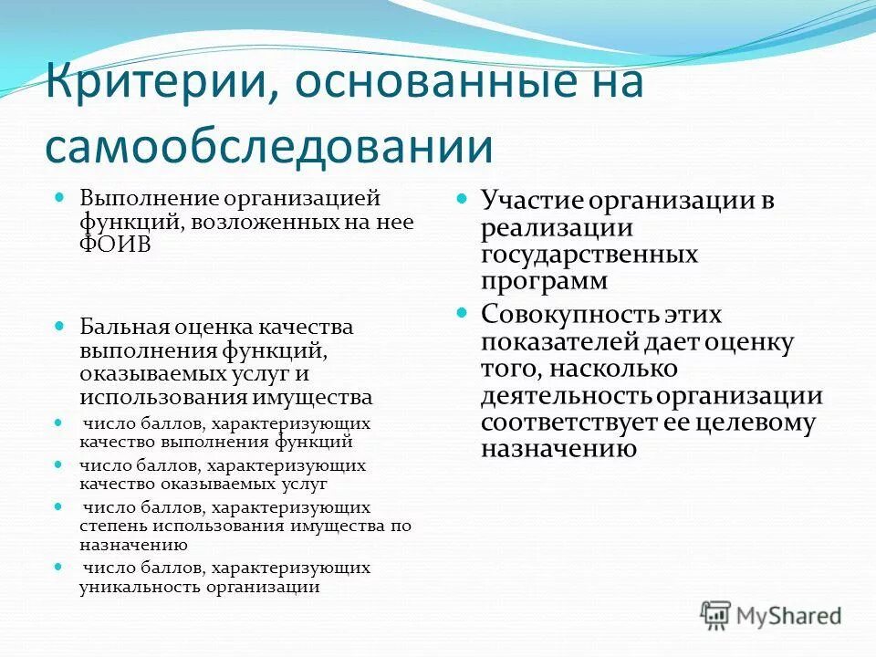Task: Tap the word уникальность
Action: [140, 588]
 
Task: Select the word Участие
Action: [530, 200]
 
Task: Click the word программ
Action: [544, 281]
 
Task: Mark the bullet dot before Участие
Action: [462, 198]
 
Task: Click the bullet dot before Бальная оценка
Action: [60, 325]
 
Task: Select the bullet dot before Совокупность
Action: [462, 313]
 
